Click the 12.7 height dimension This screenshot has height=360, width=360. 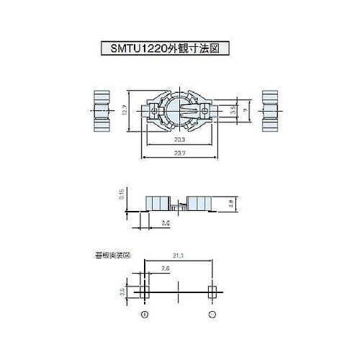(x=125, y=112)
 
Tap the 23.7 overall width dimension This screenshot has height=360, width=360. (x=181, y=153)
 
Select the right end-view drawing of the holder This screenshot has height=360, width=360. (x=270, y=112)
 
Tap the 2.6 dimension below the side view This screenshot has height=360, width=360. (x=166, y=224)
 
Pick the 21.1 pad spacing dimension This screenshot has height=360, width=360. (x=179, y=256)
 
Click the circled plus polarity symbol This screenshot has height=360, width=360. (x=145, y=315)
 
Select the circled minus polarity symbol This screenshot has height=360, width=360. (x=212, y=315)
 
